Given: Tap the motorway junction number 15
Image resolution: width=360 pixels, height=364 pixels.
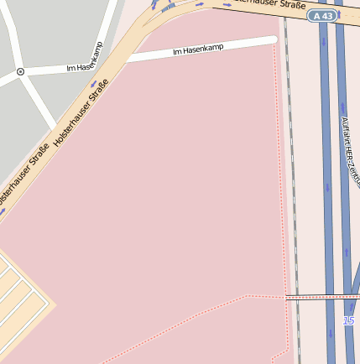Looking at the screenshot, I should click(349, 321).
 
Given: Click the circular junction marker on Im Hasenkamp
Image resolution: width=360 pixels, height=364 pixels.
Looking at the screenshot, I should click(20, 72).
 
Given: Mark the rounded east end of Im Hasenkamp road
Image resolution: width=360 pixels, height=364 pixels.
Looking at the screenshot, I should click(274, 39).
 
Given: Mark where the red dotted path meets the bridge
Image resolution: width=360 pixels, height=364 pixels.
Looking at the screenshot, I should click(286, 297).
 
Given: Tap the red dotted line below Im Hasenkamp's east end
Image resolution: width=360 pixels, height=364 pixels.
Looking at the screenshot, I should click(279, 126).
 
